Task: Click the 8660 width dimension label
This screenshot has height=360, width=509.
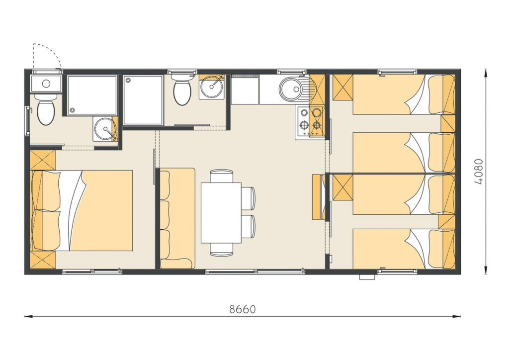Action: (243, 309)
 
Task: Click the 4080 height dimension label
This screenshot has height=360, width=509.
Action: (479, 172)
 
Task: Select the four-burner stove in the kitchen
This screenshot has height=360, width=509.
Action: (310, 121)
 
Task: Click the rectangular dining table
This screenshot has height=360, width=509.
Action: (221, 213)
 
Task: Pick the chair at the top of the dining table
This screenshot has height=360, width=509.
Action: (221, 176)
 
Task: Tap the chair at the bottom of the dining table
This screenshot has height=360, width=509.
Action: (221, 249)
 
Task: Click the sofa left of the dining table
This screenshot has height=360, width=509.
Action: (177, 218)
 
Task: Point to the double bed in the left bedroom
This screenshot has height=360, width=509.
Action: (82, 210)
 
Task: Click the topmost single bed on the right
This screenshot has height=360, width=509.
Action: (404, 94)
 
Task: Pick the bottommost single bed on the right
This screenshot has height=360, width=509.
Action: (404, 249)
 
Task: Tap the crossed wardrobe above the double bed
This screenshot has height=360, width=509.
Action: (43, 160)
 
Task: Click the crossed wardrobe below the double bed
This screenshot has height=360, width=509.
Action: (43, 260)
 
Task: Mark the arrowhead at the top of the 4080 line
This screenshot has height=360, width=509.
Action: (485, 72)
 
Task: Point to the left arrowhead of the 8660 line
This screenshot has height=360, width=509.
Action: (28, 316)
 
